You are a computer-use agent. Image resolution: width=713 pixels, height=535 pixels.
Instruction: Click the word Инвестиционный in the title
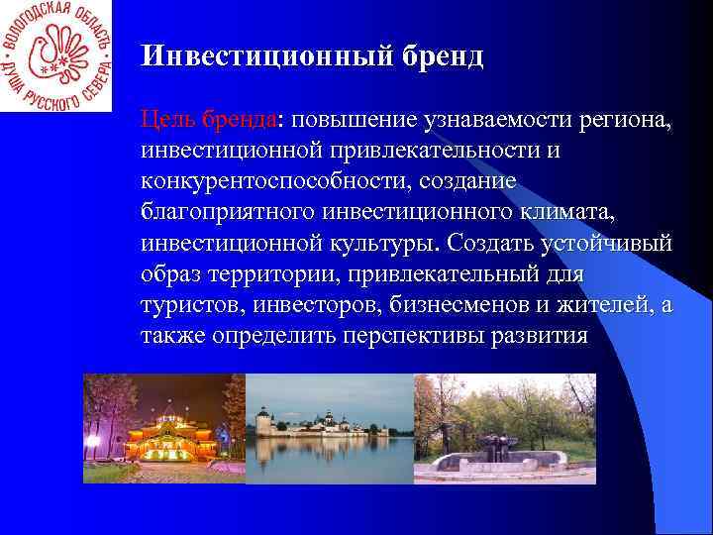click(255, 55)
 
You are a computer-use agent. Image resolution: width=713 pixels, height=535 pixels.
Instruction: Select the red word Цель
click(168, 121)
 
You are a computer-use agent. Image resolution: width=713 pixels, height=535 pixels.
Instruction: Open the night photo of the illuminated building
click(163, 428)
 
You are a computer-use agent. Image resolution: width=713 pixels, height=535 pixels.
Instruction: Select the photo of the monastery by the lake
click(329, 428)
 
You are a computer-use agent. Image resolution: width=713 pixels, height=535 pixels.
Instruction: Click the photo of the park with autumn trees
click(504, 428)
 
